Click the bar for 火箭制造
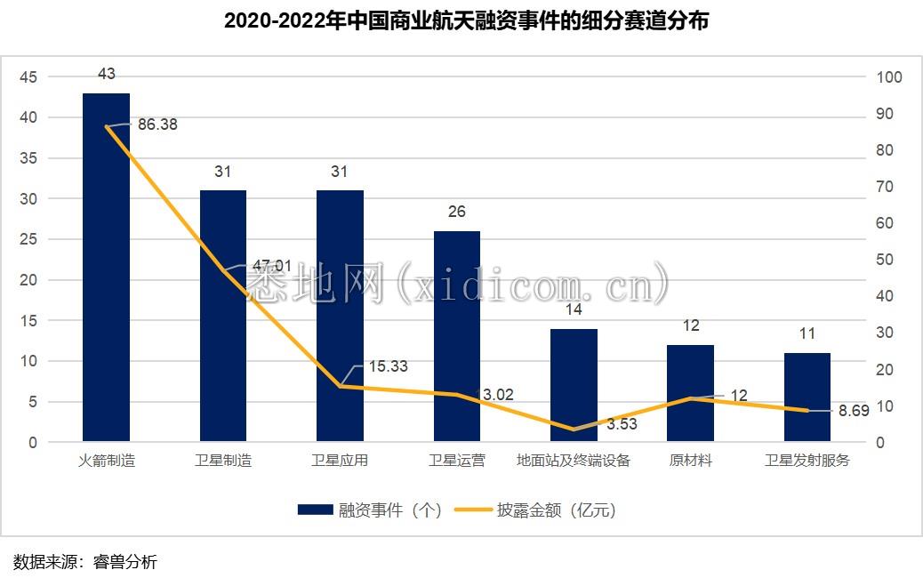tap(106, 267)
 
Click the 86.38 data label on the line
tap(157, 124)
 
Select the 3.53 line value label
tap(622, 424)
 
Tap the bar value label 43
tap(106, 74)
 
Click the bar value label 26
tap(457, 212)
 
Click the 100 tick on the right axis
tap(889, 77)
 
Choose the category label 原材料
tap(690, 461)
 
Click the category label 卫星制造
tap(222, 461)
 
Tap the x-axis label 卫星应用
tap(340, 461)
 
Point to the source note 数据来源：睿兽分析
tap(85, 561)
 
